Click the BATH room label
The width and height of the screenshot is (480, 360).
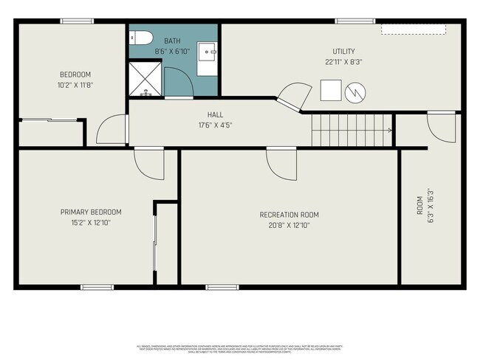172,41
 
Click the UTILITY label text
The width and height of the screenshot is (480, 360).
343,51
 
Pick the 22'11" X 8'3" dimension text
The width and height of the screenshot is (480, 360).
343,62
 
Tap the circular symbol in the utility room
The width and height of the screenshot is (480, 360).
355,91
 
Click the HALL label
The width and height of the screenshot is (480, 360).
215,115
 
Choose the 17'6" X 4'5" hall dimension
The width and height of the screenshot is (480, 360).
215,125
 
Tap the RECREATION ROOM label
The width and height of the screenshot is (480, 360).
289,215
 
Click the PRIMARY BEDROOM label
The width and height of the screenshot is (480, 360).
91,212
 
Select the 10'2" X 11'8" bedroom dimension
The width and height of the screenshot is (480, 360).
75,85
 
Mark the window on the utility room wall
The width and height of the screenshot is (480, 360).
349,21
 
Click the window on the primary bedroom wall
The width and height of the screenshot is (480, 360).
97,287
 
